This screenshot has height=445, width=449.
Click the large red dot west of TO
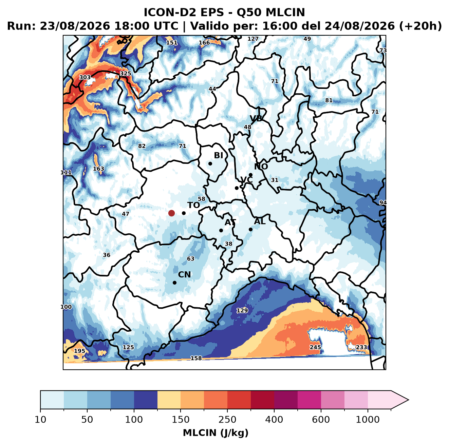tap(171, 213)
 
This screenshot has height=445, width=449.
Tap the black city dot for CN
tap(174, 283)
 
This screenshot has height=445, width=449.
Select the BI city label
tap(219, 155)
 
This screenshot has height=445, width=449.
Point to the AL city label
tap(260, 221)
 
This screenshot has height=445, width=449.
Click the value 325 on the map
tap(125, 74)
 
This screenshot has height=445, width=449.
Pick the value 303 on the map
tap(85, 77)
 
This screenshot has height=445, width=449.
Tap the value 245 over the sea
tap(315, 347)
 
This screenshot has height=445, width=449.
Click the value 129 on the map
tap(242, 310)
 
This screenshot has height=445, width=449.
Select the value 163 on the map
tap(98, 169)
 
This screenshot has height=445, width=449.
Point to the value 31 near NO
tap(275, 180)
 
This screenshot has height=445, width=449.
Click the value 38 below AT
tap(229, 244)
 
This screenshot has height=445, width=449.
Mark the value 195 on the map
tap(79, 351)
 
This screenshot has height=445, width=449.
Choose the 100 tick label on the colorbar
tap(134, 420)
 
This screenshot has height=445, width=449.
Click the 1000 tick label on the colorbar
tap(368, 420)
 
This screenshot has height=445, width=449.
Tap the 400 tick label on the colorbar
tap(274, 420)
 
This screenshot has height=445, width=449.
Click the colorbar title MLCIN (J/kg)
tap(216, 433)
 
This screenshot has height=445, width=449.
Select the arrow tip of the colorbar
tap(409, 400)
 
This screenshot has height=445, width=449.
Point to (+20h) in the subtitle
tap(420, 26)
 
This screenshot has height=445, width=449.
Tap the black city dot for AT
tap(221, 230)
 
